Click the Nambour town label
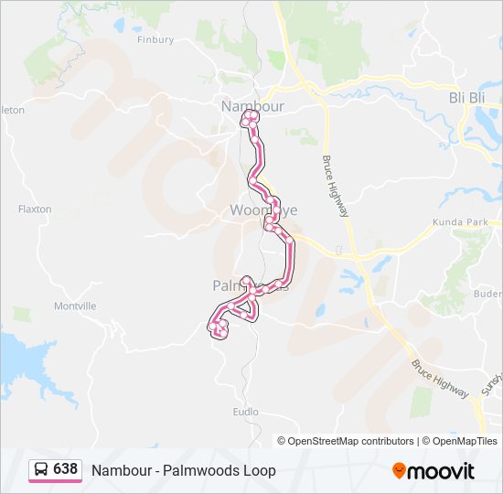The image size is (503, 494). click(252, 106)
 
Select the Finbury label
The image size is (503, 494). click(155, 39)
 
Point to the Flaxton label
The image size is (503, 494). click(35, 209)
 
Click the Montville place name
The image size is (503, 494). click(75, 306)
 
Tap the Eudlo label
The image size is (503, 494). click(246, 412)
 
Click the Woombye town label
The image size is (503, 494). click(262, 210)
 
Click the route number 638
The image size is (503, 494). click(66, 469)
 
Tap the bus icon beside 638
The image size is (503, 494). click(42, 470)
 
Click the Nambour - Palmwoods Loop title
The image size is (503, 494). click(183, 470)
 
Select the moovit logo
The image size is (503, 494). click(433, 471)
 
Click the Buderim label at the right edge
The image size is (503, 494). click(489, 294)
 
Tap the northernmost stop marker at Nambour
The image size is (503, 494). click(247, 117)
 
